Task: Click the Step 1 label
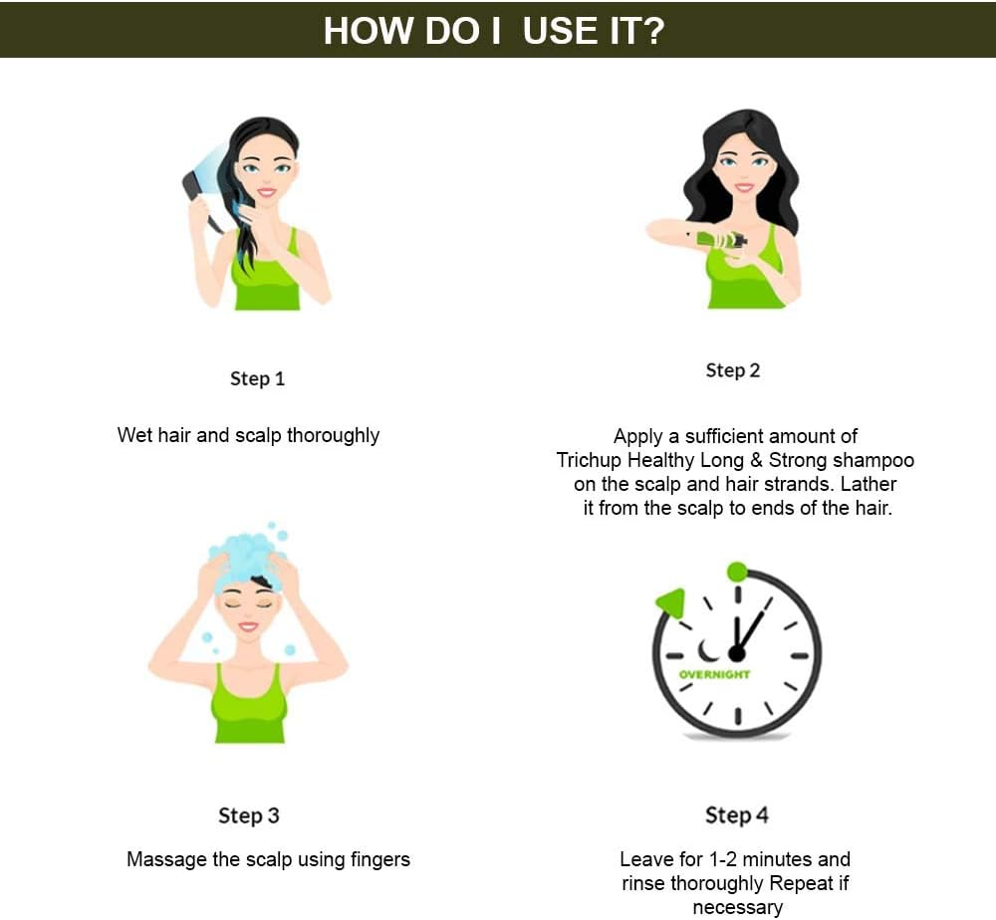pos(257,379)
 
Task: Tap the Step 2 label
pos(732,370)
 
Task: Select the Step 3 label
pos(249,815)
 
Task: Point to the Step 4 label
pos(737,815)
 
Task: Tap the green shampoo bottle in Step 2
pos(721,240)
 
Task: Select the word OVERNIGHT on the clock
pos(714,674)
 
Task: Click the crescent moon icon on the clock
pos(706,651)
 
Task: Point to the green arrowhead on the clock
pos(671,601)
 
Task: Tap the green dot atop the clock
pos(737,572)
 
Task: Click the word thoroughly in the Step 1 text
pos(334,435)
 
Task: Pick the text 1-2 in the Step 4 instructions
pos(722,859)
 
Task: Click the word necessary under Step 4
pos(737,908)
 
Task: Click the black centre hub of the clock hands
pos(737,653)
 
